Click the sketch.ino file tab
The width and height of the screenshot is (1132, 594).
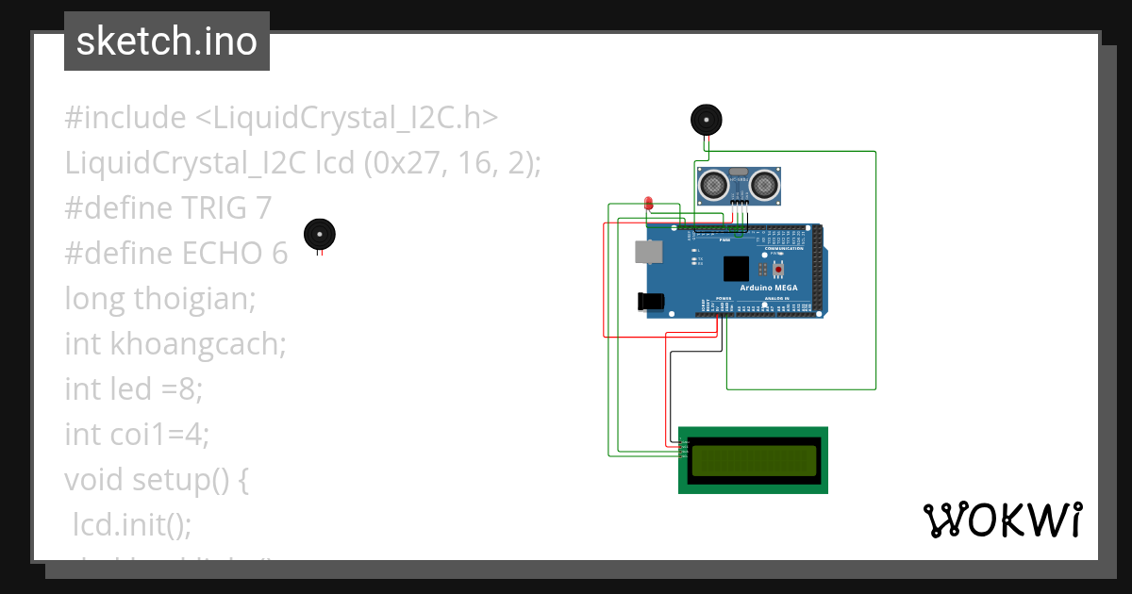[166, 41]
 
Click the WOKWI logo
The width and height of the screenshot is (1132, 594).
[1002, 520]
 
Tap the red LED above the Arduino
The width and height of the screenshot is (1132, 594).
[648, 203]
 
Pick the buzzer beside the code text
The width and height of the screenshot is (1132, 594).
[319, 234]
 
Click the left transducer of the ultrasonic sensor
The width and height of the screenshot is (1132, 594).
[715, 182]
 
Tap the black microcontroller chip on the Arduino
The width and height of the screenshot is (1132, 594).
[737, 270]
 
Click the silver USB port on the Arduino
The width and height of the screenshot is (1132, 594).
[647, 251]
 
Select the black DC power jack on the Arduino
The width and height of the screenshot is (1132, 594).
[650, 301]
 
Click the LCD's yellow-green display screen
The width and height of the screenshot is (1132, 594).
[754, 460]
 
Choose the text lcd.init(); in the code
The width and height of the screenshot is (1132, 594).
[132, 524]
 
